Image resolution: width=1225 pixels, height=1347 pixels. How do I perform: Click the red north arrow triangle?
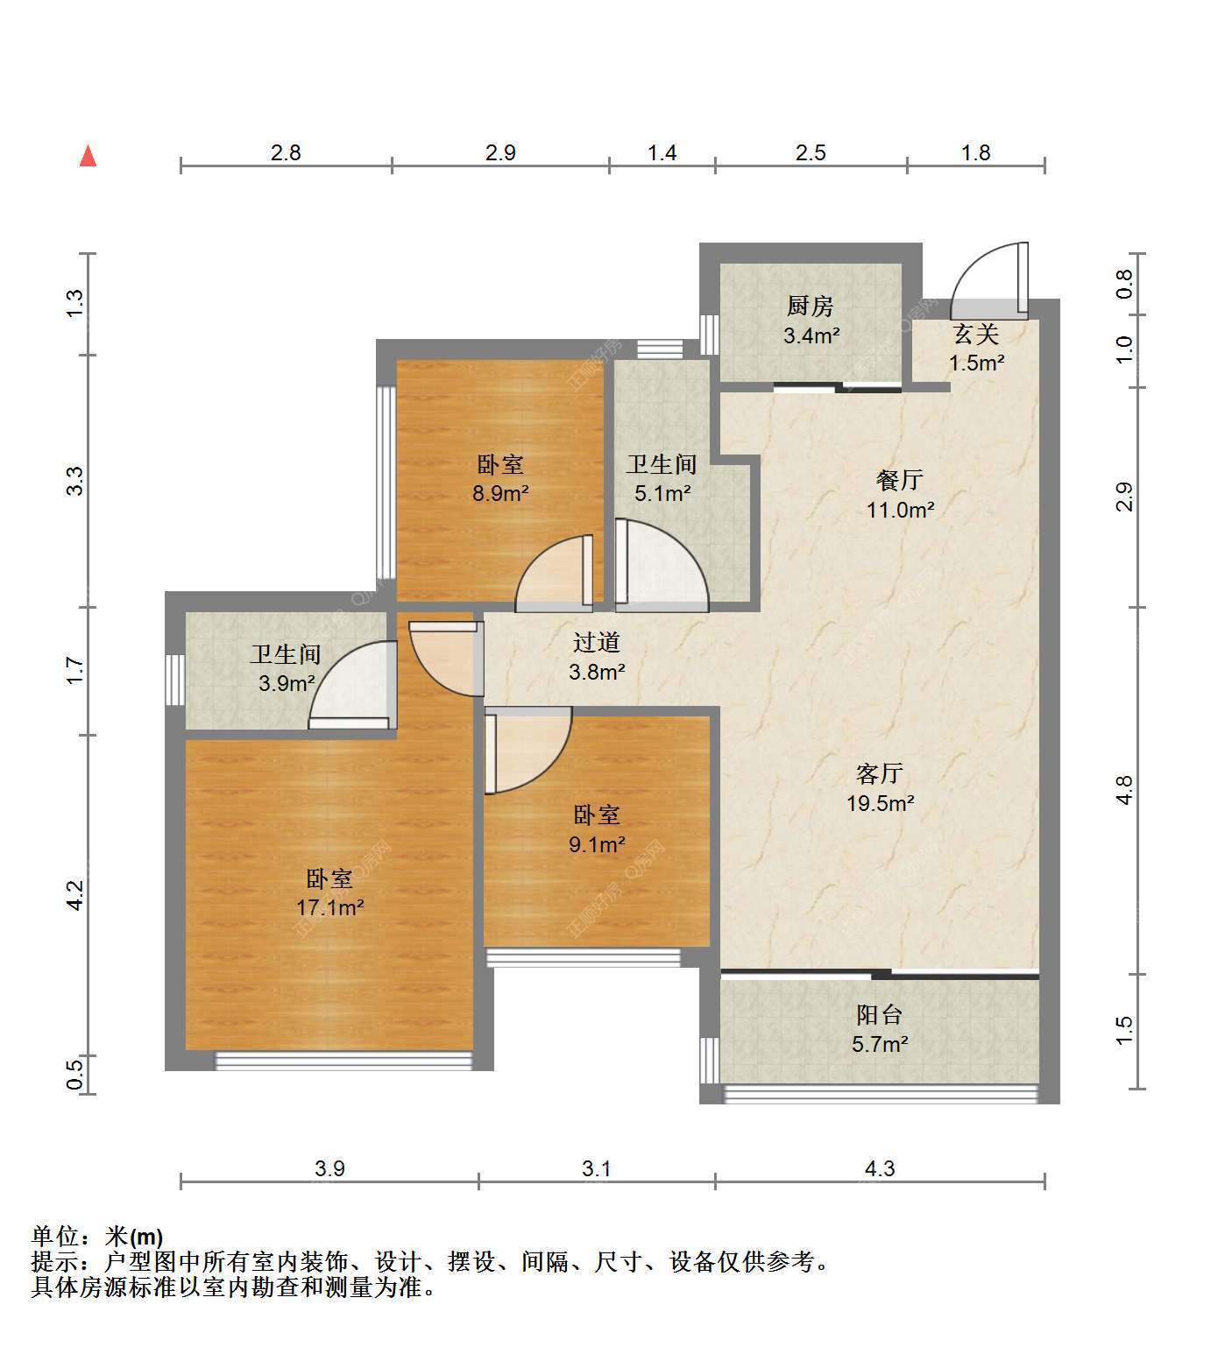(x=88, y=156)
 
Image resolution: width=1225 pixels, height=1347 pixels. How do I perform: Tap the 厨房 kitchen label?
(x=811, y=307)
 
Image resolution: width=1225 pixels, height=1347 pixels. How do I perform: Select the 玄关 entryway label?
(x=976, y=334)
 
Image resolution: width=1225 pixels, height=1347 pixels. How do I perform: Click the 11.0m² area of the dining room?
(x=900, y=509)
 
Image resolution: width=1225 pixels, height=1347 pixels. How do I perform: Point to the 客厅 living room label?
(x=880, y=773)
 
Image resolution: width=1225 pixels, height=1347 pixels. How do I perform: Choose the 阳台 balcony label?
(x=880, y=1015)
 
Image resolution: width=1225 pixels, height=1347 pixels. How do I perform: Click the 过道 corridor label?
(x=597, y=643)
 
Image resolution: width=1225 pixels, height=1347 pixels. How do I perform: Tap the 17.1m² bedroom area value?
(x=330, y=907)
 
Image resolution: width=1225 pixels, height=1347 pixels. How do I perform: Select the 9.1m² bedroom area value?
(x=598, y=844)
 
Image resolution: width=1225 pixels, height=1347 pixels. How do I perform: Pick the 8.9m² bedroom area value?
(x=500, y=493)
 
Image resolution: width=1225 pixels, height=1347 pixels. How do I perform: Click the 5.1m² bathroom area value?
(x=662, y=493)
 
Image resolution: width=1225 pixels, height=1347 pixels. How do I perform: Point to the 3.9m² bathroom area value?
(x=287, y=683)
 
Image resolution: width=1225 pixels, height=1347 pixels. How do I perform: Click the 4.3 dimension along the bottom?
(x=880, y=1168)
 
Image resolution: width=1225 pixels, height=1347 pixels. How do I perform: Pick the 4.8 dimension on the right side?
(x=1125, y=790)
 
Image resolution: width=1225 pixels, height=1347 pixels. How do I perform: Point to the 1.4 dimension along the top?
(x=662, y=152)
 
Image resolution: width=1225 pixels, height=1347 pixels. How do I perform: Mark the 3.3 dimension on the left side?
(x=75, y=481)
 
